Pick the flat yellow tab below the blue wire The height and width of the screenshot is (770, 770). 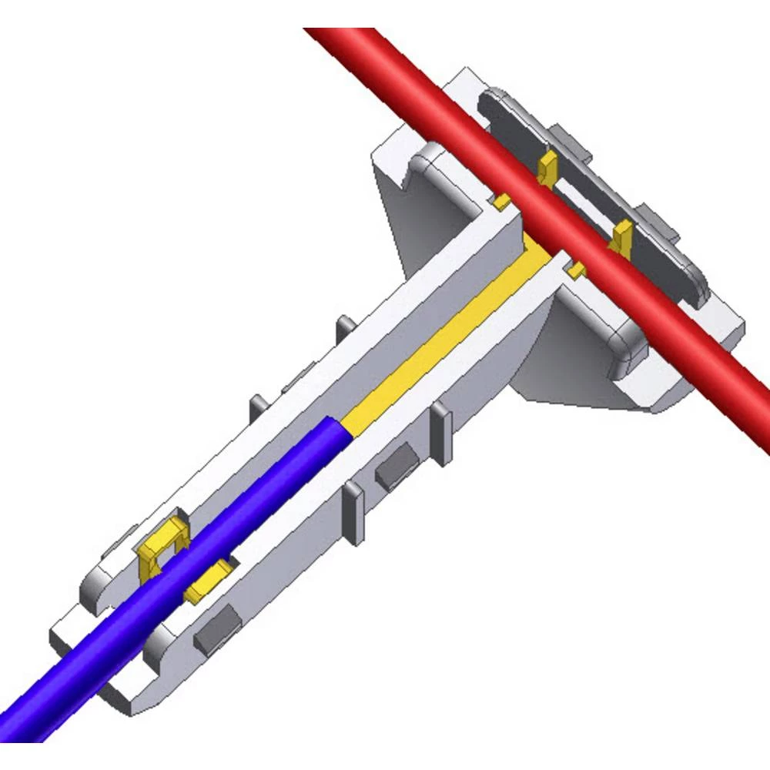coord(209,581)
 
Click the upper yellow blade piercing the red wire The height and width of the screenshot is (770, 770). coord(547,166)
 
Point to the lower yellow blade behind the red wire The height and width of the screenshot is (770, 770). coord(621,235)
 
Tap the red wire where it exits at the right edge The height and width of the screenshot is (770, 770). coord(758,431)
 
